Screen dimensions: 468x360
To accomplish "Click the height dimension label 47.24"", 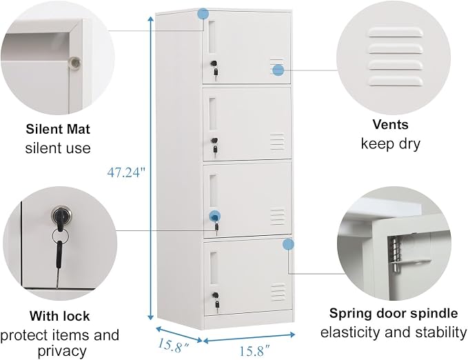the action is coord(127,172).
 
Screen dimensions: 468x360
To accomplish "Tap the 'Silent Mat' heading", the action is coord(58,129).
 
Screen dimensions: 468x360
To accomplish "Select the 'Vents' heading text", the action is coord(390,124).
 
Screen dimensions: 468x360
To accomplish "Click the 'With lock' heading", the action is coord(60,316).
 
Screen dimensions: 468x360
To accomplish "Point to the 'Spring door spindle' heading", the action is coord(394,313).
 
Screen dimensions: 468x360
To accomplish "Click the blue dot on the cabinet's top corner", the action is coord(203,13).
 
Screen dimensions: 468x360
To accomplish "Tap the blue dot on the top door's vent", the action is coord(278,70).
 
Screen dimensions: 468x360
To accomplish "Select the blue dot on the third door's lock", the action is coord(214,215).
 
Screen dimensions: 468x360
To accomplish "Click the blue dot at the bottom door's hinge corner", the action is coord(288,244).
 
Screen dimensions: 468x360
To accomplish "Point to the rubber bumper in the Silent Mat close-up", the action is coord(74,63).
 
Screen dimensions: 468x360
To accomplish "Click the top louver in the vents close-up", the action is coord(396,32).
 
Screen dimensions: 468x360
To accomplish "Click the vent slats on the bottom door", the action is coord(278,292).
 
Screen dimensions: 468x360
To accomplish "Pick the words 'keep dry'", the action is coord(390,143).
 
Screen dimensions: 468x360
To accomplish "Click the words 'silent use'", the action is coord(58,148).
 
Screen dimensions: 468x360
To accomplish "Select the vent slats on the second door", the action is coord(277,142).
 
